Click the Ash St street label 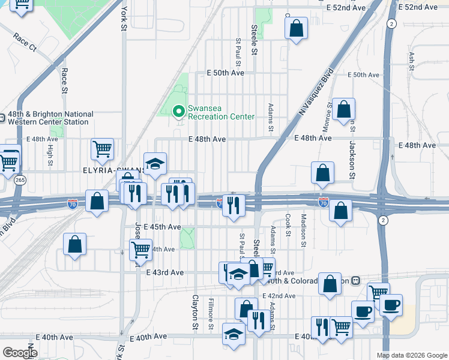point(412,61)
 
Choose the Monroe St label point(330,113)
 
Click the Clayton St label point(195,312)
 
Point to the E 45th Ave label point(163,227)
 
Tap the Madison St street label point(304,230)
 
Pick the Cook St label point(288,226)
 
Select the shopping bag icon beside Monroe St point(344,109)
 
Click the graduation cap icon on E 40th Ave point(234,334)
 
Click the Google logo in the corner point(19,352)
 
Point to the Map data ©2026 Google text point(412,355)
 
